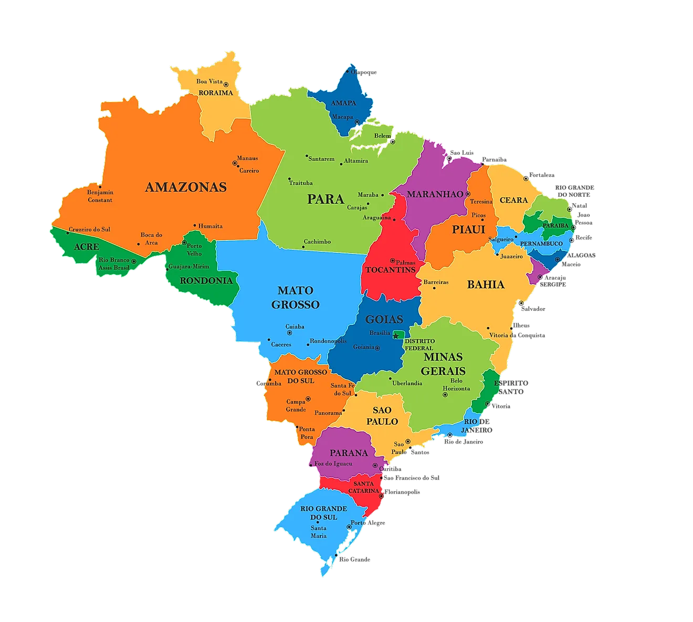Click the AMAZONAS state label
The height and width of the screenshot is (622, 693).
186,187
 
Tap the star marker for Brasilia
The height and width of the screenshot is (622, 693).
396,336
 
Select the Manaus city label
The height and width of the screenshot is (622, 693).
247,158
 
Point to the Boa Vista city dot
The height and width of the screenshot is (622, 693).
226,84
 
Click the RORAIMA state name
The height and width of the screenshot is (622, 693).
216,93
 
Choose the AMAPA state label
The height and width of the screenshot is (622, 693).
343,103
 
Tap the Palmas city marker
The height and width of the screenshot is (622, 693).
392,260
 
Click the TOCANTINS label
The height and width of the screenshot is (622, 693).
390,270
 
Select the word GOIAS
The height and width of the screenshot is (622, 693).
384,319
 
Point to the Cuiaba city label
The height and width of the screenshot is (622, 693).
295,326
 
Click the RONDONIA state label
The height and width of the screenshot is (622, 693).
206,281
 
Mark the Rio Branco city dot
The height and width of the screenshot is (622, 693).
134,261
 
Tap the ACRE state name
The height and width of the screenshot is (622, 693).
87,247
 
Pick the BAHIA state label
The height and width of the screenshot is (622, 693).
486,284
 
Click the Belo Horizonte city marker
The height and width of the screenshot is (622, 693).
445,395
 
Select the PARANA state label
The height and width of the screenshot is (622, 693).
349,452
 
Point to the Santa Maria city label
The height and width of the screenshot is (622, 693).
319,532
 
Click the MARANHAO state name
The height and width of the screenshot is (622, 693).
435,194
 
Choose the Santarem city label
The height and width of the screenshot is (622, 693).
321,159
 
